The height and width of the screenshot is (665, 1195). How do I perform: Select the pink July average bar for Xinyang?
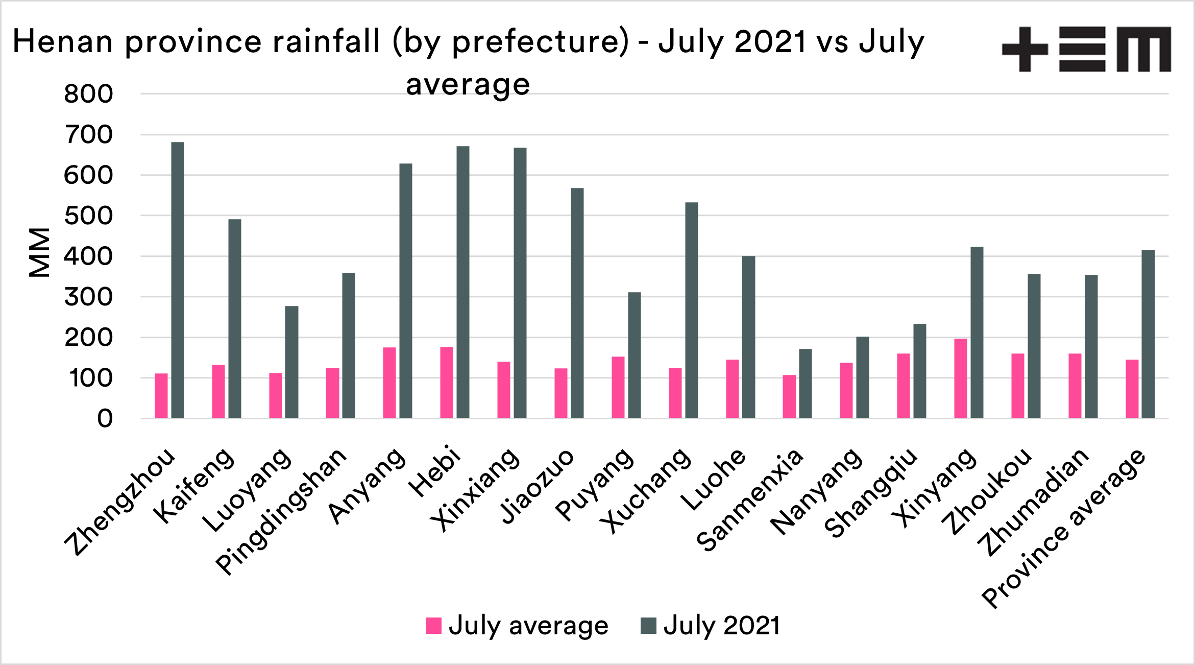(x=961, y=378)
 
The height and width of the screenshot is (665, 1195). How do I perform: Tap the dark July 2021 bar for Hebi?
(x=463, y=282)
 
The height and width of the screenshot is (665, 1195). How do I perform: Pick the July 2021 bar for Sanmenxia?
(x=806, y=384)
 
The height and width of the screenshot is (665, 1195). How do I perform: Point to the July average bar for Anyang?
(x=389, y=383)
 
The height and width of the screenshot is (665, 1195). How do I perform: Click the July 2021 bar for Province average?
(x=1148, y=334)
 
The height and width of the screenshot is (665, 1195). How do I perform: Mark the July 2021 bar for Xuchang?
(x=692, y=310)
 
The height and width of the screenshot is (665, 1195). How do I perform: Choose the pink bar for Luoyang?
(x=276, y=395)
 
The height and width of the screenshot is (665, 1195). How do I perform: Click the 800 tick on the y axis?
(x=88, y=94)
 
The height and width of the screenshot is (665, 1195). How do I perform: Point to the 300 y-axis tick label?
(x=88, y=297)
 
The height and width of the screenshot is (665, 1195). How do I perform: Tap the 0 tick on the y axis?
(x=105, y=419)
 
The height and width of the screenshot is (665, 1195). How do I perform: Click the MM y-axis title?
(x=39, y=252)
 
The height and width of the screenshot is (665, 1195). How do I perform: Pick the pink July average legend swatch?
(x=433, y=626)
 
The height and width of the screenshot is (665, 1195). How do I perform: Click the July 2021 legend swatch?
(x=648, y=626)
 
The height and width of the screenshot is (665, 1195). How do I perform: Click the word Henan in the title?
(x=62, y=41)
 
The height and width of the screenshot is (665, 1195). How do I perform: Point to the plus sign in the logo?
(x=1025, y=49)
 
